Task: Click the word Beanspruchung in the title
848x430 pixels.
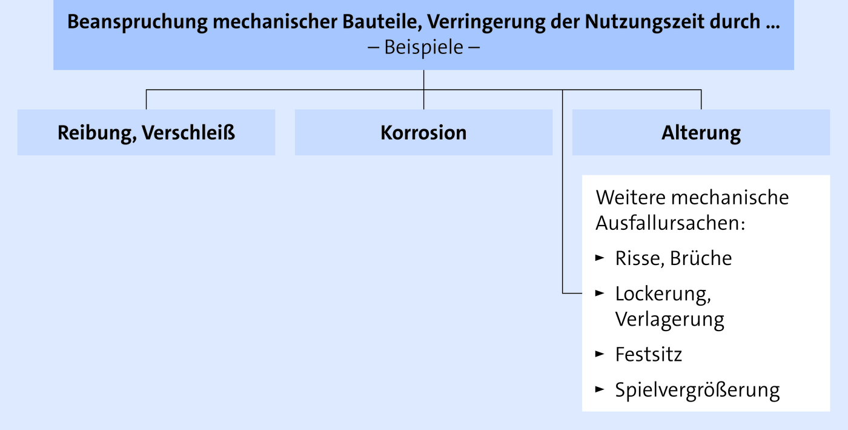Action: point(137,22)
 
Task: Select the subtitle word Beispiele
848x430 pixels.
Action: point(423,47)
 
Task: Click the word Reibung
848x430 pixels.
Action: point(97,133)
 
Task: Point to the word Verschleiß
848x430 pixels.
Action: point(188,133)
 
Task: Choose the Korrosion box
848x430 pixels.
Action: point(423,132)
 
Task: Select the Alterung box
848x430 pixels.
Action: point(701,132)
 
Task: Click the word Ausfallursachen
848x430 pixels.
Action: point(671,223)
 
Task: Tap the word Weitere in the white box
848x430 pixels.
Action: point(631,198)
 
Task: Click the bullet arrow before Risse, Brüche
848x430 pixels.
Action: point(600,258)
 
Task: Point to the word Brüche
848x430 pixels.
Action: point(701,258)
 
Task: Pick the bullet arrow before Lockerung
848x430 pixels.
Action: point(600,293)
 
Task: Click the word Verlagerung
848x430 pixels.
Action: point(670,319)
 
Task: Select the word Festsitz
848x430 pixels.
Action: point(649,355)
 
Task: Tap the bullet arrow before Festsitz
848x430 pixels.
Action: point(600,354)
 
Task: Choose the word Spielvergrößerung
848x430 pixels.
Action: point(697,390)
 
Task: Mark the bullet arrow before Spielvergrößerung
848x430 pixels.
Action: point(600,389)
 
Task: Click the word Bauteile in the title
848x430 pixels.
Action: point(382,22)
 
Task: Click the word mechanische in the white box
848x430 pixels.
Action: point(730,198)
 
